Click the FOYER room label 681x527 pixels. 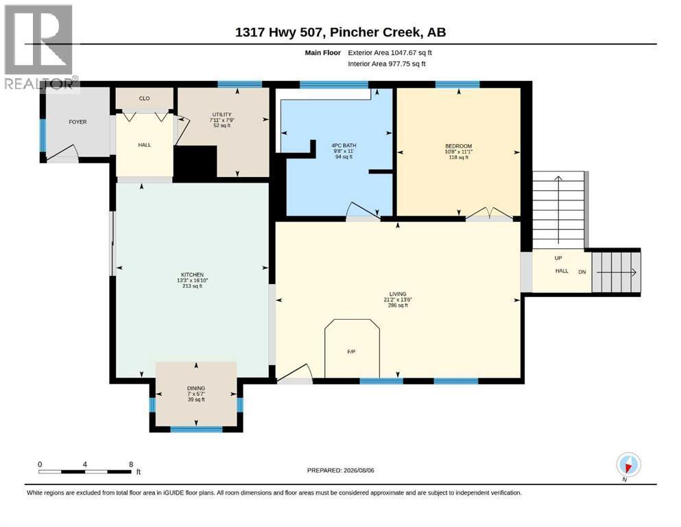77,122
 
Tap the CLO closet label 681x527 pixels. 144,99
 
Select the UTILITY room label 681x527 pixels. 222,115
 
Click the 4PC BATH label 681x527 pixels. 344,145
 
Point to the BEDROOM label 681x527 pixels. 458,146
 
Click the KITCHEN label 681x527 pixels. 193,274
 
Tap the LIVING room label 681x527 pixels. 397,294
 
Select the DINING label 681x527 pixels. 196,388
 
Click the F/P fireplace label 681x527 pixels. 351,351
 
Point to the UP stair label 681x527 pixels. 558,258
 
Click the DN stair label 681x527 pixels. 582,272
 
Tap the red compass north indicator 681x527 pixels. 628,468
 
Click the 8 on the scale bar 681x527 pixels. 131,465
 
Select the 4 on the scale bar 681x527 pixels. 84,465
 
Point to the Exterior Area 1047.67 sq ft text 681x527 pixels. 390,53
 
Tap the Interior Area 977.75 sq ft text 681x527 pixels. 387,64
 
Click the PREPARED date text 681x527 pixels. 340,470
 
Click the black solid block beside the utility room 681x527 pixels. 195,162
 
